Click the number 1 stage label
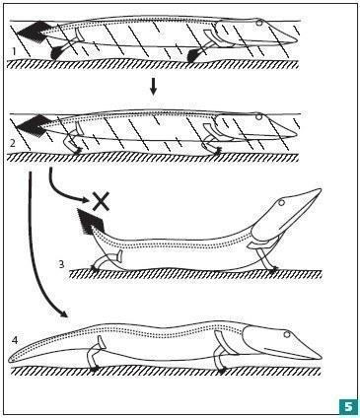click(x=13, y=51)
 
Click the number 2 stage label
click(x=13, y=143)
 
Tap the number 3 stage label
click(x=62, y=263)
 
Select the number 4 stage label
click(x=15, y=340)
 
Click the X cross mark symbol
click(x=101, y=201)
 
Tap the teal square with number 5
click(x=348, y=405)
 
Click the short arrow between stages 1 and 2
click(x=153, y=87)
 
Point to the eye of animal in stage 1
click(x=259, y=23)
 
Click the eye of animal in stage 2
click(x=259, y=116)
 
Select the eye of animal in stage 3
click(x=281, y=203)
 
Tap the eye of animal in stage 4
click(x=287, y=334)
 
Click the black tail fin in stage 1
click(x=33, y=32)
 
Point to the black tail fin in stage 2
click(x=33, y=125)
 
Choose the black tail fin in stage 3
click(x=90, y=222)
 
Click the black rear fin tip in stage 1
click(x=58, y=53)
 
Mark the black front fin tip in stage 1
click(x=193, y=55)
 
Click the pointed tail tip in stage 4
click(x=9, y=360)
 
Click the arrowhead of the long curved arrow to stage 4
click(x=64, y=313)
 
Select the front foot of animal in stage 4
click(x=223, y=371)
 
